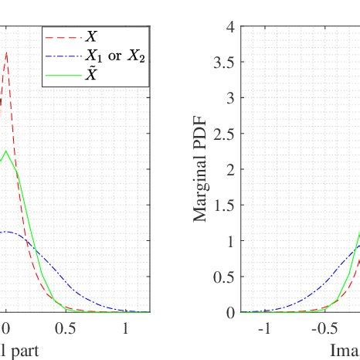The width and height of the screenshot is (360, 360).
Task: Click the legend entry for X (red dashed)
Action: tap(93, 36)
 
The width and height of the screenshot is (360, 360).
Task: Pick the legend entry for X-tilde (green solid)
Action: tap(93, 76)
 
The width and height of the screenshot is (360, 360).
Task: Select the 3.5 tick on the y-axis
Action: tap(225, 62)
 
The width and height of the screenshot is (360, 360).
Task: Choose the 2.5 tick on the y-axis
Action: tap(225, 134)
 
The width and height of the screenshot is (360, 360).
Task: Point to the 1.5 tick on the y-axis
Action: tap(225, 205)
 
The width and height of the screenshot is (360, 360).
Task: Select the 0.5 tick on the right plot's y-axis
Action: tap(225, 277)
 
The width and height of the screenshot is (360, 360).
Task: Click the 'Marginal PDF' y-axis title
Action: tap(202, 169)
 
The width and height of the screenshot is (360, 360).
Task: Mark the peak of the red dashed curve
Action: tap(6, 53)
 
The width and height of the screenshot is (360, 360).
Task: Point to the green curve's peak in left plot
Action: tap(6, 151)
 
